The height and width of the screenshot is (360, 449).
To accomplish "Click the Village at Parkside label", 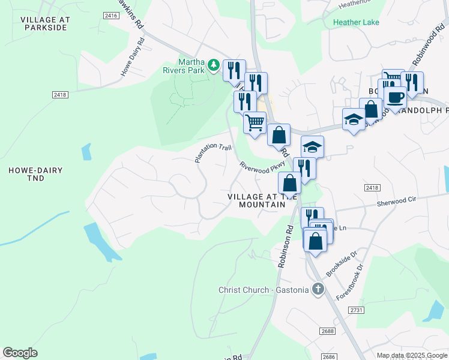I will click(45, 24).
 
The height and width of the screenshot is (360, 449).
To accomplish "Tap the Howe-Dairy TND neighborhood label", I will click(35, 175).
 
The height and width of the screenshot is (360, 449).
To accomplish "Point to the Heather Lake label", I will click(356, 22).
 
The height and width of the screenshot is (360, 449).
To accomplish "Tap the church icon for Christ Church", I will click(318, 290).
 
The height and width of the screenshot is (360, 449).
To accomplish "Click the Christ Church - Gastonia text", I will click(263, 290).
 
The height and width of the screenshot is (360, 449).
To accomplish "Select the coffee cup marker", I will click(395, 97).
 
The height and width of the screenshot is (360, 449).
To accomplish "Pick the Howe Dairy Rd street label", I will click(133, 57).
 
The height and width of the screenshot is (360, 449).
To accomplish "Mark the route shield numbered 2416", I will click(110, 16).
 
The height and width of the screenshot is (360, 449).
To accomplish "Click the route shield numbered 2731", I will click(357, 310).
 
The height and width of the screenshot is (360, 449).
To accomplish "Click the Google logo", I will click(20, 353).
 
